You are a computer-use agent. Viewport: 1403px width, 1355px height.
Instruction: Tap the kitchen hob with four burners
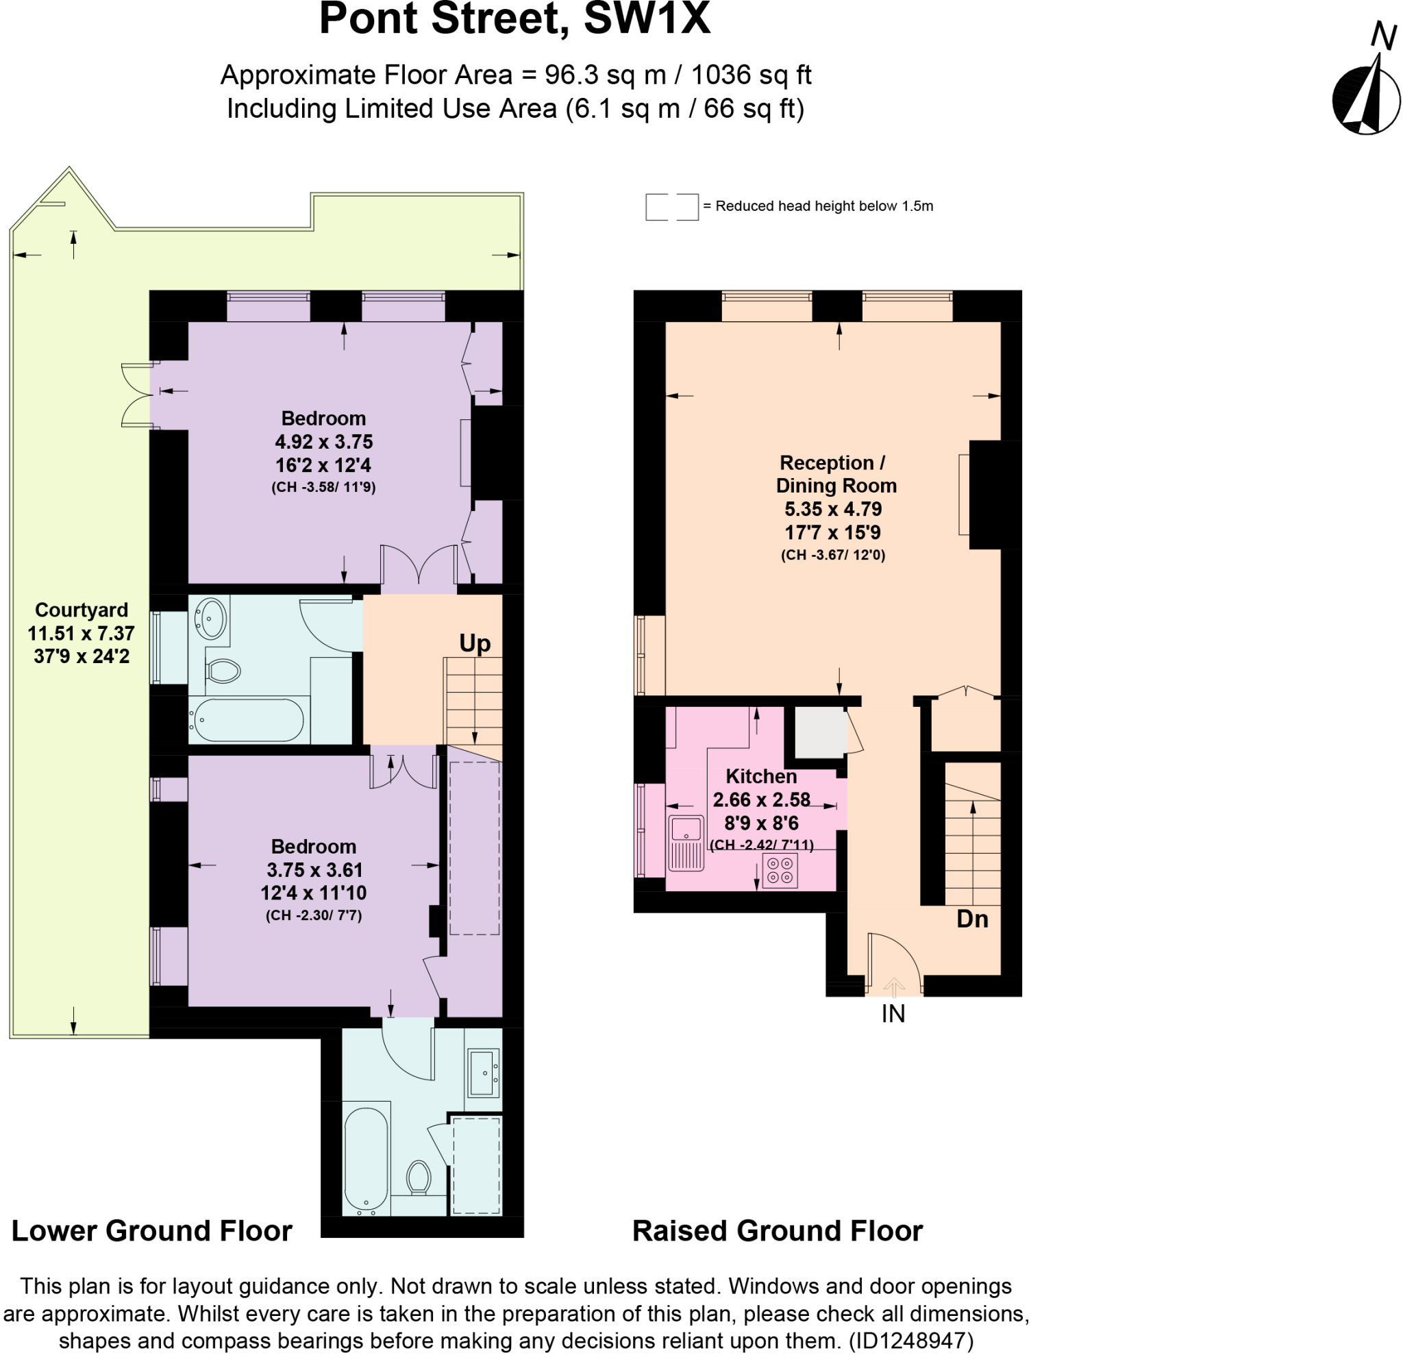click(x=780, y=871)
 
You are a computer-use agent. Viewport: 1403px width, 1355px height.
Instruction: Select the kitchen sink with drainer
click(x=686, y=843)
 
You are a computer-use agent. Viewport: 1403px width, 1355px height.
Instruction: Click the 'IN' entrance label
click(x=893, y=1014)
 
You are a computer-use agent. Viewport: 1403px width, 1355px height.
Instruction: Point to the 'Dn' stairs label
click(x=972, y=919)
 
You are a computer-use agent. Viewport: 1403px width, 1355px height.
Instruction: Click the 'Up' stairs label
click(x=475, y=643)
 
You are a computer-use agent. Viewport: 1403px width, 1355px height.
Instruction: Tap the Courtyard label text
click(x=82, y=610)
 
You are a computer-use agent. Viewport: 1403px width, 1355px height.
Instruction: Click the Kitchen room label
click(x=761, y=777)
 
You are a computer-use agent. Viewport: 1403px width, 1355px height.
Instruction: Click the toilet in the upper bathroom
click(x=223, y=671)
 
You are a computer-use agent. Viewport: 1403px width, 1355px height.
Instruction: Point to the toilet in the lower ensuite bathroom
click(x=418, y=1178)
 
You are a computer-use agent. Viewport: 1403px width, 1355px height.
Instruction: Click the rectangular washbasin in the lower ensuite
click(x=483, y=1072)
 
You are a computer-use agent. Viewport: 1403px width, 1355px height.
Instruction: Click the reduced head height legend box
click(x=671, y=206)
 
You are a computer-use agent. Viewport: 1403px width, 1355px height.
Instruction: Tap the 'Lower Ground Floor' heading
click(x=152, y=1231)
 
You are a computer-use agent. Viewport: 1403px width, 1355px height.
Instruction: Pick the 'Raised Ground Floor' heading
click(x=778, y=1231)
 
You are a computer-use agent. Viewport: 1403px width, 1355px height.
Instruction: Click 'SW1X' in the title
click(x=647, y=18)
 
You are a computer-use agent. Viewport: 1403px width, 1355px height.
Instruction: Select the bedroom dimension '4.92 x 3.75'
click(x=323, y=442)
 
